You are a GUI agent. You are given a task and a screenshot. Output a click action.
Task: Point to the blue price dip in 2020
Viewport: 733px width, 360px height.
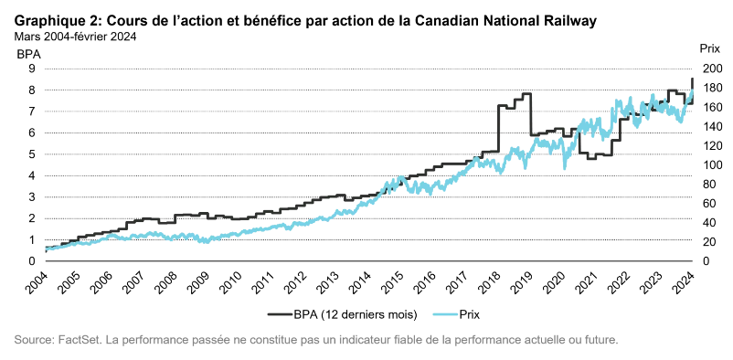[564, 167]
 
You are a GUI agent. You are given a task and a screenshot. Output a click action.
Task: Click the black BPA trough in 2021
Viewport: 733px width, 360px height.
[591, 158]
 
